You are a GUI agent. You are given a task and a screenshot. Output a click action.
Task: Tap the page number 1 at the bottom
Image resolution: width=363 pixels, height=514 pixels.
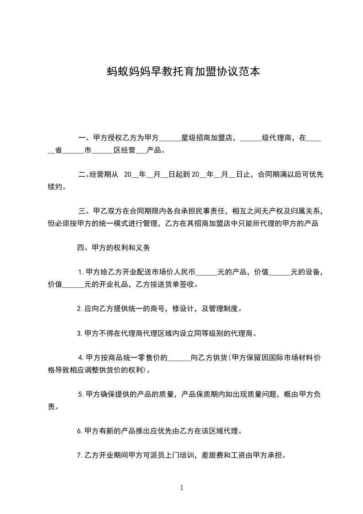click(x=182, y=488)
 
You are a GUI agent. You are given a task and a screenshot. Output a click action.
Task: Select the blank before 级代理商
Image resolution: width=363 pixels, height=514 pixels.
click(x=250, y=138)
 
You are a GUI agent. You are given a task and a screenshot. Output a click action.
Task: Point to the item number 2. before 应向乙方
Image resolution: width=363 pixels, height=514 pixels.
click(x=80, y=309)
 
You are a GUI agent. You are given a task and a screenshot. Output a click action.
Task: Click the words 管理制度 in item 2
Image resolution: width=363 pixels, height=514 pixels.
click(x=223, y=309)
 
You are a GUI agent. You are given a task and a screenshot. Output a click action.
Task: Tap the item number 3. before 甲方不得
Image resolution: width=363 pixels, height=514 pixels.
click(x=80, y=333)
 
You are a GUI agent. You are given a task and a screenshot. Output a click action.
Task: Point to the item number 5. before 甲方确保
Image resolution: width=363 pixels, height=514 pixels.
click(x=81, y=394)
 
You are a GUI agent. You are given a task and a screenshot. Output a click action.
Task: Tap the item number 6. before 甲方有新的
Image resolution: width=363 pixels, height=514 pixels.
click(x=80, y=431)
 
